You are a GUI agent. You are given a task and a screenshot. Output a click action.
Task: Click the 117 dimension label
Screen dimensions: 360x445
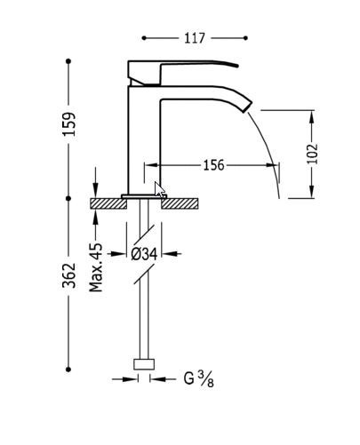pos(195,38)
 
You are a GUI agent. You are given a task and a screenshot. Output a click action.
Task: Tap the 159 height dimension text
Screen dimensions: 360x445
pos(69,124)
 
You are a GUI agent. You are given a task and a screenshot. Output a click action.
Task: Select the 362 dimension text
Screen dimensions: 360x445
pos(69,275)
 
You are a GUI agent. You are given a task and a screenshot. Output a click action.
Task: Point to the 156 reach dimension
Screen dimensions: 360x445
pos(213,165)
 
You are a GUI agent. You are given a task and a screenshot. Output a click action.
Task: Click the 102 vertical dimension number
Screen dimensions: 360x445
pos(312,154)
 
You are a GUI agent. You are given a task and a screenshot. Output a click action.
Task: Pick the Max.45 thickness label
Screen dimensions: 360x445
pos(96,267)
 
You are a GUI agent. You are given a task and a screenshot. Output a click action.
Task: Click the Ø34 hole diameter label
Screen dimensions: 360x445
pos(144,254)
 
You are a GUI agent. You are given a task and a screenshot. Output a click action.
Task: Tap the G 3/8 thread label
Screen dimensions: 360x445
pos(198,379)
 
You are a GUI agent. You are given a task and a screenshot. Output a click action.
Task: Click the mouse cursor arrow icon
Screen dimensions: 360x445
pos(159,189)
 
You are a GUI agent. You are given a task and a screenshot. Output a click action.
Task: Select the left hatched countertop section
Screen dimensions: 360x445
pos(108,203)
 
